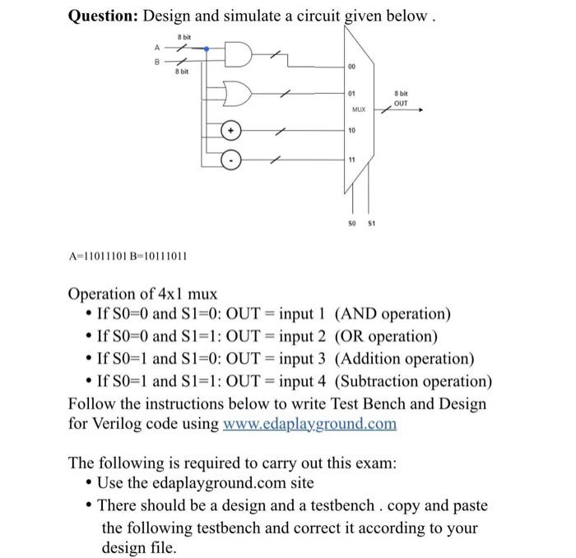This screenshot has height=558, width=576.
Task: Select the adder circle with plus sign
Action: point(233,131)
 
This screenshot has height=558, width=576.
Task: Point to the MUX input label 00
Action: point(351,68)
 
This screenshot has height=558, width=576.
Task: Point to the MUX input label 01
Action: point(351,95)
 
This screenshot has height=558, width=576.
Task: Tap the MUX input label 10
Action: point(351,130)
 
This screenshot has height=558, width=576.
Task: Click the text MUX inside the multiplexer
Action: point(359,109)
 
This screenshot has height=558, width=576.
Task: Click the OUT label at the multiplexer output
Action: point(401,104)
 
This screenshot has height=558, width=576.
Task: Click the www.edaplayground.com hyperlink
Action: point(309,424)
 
